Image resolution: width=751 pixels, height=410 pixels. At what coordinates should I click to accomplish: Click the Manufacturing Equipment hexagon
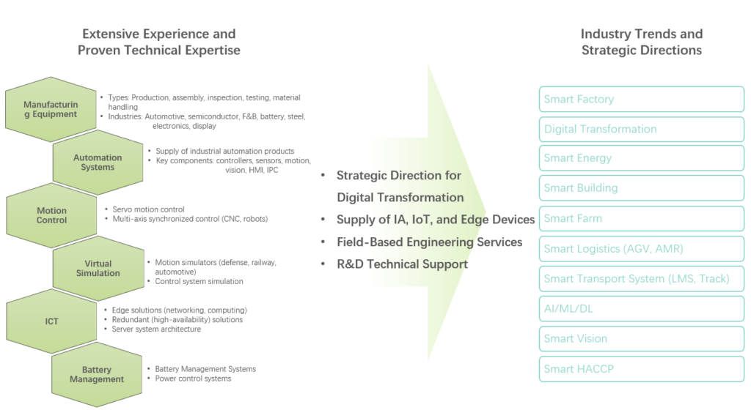51,111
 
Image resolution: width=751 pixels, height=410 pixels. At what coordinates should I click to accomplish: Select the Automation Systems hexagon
98,163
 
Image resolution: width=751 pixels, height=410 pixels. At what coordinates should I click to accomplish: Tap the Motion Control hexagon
52,215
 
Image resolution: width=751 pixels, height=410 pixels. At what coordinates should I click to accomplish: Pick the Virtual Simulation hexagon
98,268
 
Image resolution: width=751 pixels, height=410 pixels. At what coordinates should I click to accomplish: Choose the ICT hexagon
52,321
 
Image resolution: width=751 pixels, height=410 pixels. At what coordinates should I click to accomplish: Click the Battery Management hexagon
98,374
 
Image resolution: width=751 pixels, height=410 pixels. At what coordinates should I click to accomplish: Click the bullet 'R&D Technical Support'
402,264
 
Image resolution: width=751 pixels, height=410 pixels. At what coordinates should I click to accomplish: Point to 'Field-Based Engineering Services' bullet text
429,242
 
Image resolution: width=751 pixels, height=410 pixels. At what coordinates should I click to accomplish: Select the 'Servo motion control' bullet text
148,210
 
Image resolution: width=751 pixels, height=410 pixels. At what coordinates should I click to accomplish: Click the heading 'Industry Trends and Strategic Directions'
642,42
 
